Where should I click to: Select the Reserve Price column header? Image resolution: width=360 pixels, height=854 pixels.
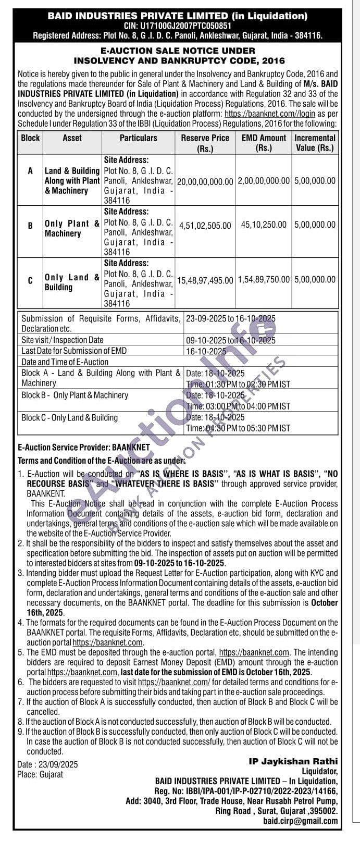pos(205,143)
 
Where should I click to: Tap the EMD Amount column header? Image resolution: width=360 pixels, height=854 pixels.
pos(264,143)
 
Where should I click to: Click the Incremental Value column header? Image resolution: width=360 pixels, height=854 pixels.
pos(315,143)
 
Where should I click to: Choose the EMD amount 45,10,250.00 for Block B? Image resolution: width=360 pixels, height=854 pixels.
pos(264,225)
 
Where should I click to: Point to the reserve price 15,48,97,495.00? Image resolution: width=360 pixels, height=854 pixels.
pos(205,280)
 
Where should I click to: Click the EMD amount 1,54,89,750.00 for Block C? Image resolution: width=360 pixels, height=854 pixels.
pos(264,280)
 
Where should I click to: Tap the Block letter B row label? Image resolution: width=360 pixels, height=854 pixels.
pos(30,226)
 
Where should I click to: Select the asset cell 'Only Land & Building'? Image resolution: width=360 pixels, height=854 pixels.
pos(72,282)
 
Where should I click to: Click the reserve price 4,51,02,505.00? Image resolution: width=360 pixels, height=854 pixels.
pos(205,226)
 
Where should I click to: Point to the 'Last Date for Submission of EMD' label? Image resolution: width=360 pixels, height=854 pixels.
pos(74,351)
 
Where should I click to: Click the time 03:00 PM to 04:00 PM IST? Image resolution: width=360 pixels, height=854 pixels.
pos(238,406)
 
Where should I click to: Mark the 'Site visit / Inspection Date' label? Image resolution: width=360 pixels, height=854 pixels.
pos(63,340)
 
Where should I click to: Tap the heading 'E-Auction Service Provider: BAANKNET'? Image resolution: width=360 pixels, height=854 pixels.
pos(84,448)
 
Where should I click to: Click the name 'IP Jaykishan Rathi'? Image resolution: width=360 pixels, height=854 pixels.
pos(293,761)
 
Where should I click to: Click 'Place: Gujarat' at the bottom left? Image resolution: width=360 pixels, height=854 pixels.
pos(40,774)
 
